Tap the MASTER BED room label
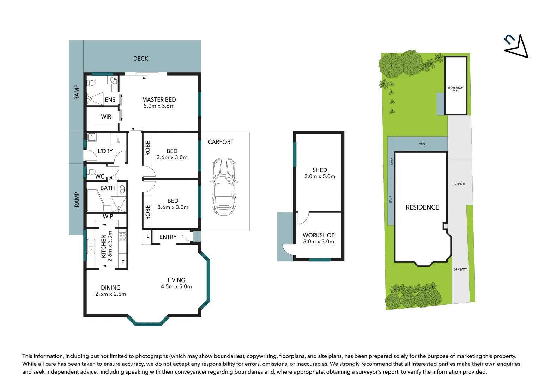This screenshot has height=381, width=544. (x=159, y=100)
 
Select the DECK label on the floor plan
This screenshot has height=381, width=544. (x=141, y=59)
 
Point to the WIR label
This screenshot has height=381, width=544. (x=106, y=117)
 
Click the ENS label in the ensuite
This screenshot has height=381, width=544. (x=110, y=100)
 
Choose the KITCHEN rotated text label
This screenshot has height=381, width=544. (x=104, y=246)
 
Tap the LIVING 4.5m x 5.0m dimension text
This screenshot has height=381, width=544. (x=176, y=286)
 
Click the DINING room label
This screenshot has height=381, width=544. (x=110, y=288)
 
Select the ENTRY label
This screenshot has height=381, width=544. (x=168, y=237)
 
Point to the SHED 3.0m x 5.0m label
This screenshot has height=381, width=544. (x=320, y=173)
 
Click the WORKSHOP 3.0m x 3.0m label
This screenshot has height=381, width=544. (x=319, y=238)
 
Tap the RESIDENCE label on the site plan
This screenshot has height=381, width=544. (x=422, y=207)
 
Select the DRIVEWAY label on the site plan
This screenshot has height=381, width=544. (x=460, y=270)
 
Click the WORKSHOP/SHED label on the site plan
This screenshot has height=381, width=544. (x=455, y=89)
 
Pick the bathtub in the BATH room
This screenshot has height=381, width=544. (x=95, y=200)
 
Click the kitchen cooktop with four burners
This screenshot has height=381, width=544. (x=122, y=236)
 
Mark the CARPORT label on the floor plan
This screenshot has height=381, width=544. (x=220, y=142)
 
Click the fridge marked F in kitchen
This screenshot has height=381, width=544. (x=123, y=262)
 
